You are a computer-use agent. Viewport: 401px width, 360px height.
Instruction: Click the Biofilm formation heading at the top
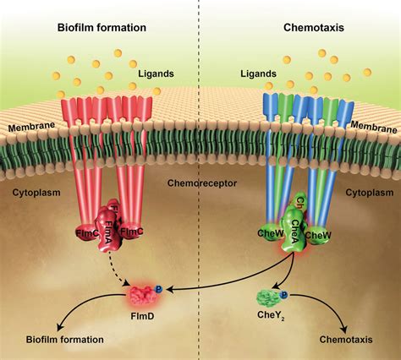coord(102,27)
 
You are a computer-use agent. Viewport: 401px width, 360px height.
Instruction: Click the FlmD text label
coord(146,321)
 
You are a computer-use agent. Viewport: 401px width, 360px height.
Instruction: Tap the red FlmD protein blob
coord(145,297)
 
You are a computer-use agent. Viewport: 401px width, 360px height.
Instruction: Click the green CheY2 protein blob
coord(269,298)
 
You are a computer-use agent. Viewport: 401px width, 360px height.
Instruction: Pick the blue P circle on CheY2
coord(285,294)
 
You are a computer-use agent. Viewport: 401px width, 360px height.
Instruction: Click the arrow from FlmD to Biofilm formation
coord(80,313)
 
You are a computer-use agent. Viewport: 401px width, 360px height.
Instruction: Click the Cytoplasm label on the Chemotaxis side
coord(370,193)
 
